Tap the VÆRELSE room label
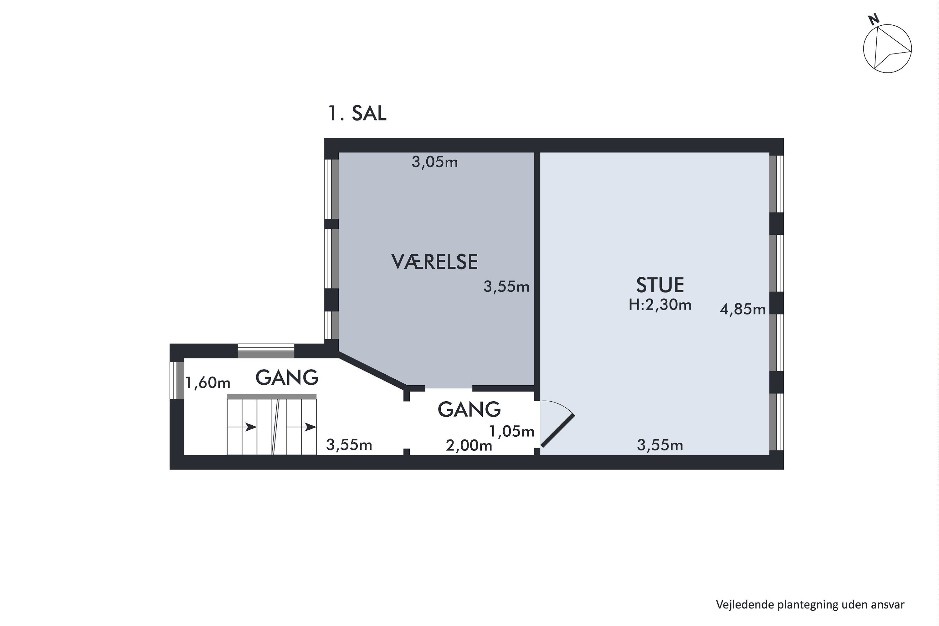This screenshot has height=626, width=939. click(x=434, y=262)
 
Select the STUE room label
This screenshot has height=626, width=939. click(x=660, y=285)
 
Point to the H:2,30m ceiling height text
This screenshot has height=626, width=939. click(x=660, y=305)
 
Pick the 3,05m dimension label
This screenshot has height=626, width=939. click(x=434, y=162)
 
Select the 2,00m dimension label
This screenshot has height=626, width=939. click(x=469, y=445)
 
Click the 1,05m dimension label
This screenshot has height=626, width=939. click(x=512, y=431)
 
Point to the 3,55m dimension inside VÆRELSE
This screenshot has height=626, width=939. click(x=506, y=287)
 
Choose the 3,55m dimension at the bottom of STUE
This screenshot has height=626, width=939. click(x=660, y=445)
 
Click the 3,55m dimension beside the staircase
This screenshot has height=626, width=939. click(x=349, y=445)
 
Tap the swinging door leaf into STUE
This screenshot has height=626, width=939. click(x=557, y=430)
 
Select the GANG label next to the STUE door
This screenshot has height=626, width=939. click(x=469, y=409)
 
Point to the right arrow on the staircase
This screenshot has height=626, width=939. click(x=301, y=427)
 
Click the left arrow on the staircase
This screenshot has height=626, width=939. click(x=242, y=427)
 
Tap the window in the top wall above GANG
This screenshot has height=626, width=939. click(x=266, y=351)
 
